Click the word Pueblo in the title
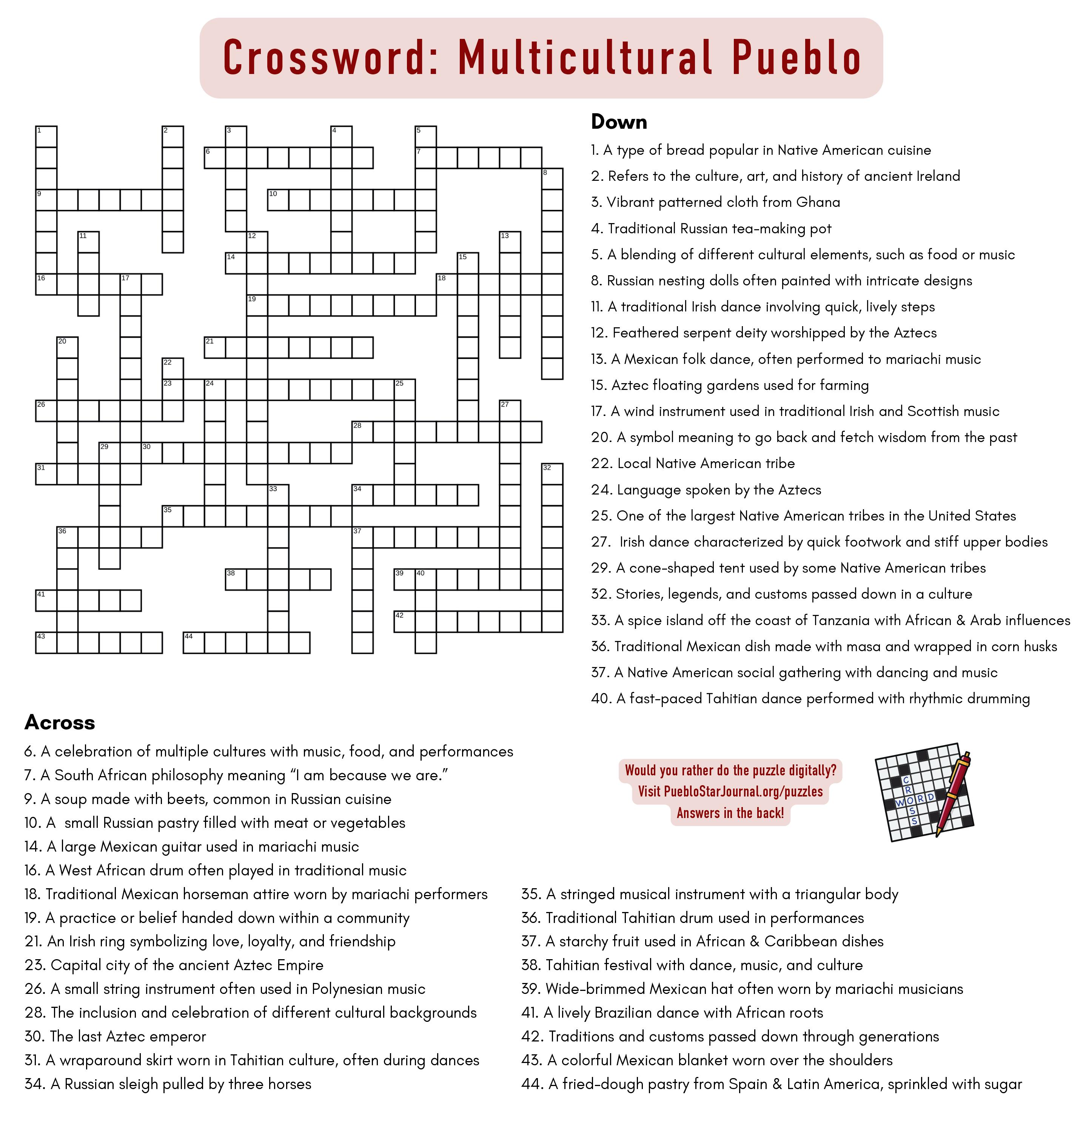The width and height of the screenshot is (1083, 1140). pos(796,58)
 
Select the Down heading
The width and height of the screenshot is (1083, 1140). pos(619,122)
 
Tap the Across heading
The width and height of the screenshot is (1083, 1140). pos(60,722)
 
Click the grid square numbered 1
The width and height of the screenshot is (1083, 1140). pos(46,137)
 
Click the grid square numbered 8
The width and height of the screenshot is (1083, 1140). pos(552,179)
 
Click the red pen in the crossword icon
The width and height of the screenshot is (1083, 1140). pos(952,794)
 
